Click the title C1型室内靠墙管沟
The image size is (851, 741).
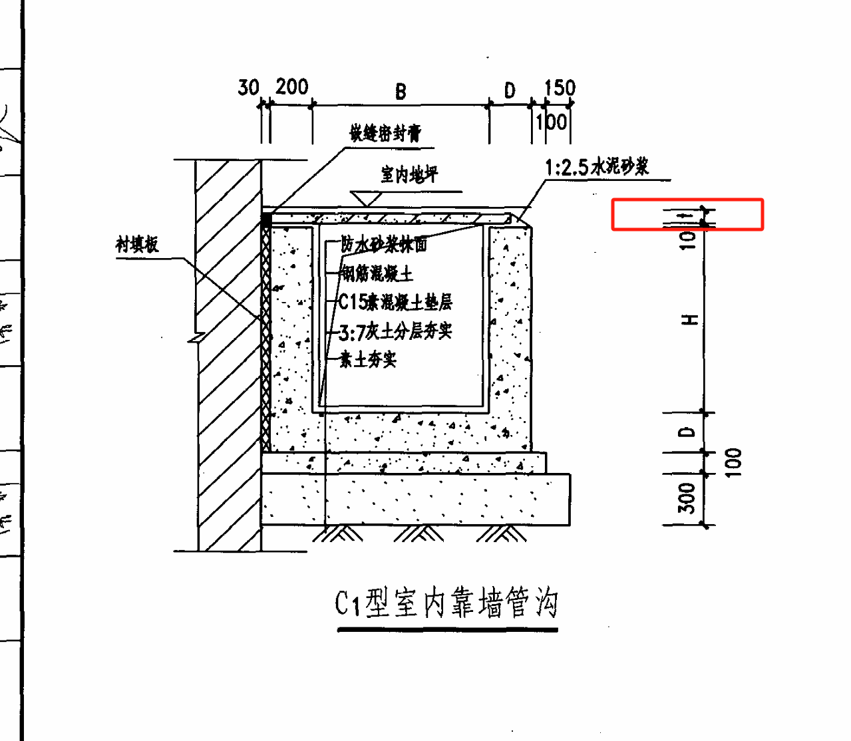[446, 603]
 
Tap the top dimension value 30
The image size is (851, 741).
[248, 87]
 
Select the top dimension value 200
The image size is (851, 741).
[292, 86]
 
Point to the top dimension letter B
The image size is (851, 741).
[401, 91]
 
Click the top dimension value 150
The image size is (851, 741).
[560, 88]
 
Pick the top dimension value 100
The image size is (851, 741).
[552, 122]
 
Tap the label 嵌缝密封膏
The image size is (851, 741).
[385, 133]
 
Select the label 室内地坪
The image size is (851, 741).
[409, 175]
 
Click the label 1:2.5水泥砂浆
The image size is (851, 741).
[597, 166]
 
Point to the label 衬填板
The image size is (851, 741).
[137, 244]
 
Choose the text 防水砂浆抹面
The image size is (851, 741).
[384, 244]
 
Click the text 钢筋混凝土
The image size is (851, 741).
[377, 273]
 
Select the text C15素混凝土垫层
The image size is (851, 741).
[395, 302]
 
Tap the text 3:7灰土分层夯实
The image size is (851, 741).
[395, 331]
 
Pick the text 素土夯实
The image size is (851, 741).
[368, 359]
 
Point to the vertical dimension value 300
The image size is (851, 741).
[687, 498]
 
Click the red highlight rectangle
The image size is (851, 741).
[687, 214]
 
